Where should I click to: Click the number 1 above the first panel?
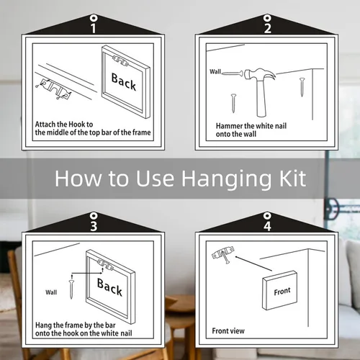click(x=94, y=28)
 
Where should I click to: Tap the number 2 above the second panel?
click(x=268, y=28)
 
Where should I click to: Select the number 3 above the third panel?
click(x=94, y=226)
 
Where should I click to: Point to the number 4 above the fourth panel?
click(x=267, y=226)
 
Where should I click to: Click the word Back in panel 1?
click(x=124, y=81)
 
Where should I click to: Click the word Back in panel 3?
click(x=109, y=287)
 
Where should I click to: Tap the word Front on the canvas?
click(x=282, y=292)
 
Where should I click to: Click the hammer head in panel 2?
click(x=260, y=74)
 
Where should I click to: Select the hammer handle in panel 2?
click(x=261, y=99)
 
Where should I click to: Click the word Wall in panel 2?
click(x=215, y=71)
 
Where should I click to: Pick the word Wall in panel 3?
click(x=51, y=292)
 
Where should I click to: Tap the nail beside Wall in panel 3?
click(x=71, y=289)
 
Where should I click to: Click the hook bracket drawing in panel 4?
click(x=223, y=254)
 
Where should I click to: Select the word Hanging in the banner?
click(x=227, y=179)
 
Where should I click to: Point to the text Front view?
click(x=228, y=331)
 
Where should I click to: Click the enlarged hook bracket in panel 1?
click(x=56, y=89)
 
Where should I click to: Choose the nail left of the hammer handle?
click(x=233, y=103)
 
